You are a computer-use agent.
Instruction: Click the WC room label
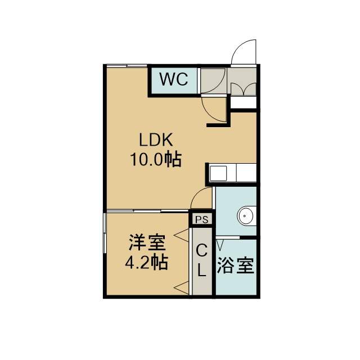coord(174,79)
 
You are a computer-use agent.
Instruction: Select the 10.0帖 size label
coord(156,159)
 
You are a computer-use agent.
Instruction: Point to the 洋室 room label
coord(147,242)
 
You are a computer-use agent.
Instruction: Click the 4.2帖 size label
coord(146,262)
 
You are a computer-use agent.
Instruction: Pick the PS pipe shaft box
coord(202,219)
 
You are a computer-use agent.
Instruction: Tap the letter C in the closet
coord(202,250)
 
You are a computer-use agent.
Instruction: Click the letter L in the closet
coord(202,270)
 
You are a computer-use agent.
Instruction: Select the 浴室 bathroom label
coord(236,265)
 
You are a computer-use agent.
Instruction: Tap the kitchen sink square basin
coord(218,173)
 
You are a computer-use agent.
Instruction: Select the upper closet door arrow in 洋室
coord(182,235)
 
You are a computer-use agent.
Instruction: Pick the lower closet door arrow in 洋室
coord(182,287)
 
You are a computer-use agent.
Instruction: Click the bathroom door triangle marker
coord(220,245)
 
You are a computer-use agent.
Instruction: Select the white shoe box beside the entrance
coord(244,102)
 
